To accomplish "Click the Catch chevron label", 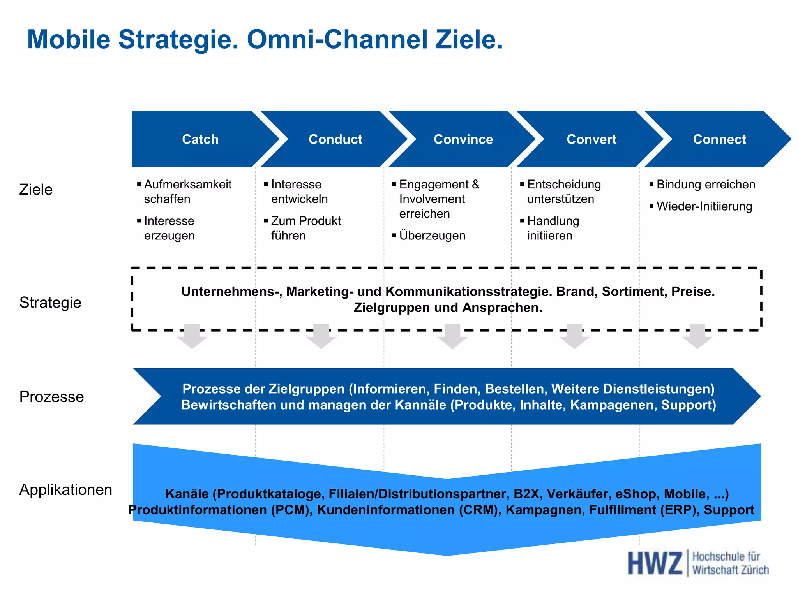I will click(x=200, y=139).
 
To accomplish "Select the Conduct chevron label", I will click(x=335, y=139).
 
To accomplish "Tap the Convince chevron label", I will click(x=463, y=139).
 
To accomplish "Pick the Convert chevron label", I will click(x=591, y=139).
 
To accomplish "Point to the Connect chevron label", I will click(x=719, y=139).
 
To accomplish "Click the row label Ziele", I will click(x=36, y=190).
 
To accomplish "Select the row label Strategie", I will click(x=50, y=303).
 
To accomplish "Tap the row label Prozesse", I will click(x=51, y=397).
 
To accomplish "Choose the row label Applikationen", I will click(x=65, y=490).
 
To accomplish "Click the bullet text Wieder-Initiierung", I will click(x=704, y=206).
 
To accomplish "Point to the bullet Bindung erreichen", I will click(x=706, y=184).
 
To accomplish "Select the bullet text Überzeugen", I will click(x=432, y=236).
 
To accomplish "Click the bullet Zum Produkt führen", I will click(x=305, y=228).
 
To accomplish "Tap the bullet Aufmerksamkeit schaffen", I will click(x=187, y=192).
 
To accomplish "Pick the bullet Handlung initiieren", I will click(x=553, y=228).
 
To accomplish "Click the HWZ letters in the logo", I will click(x=655, y=563).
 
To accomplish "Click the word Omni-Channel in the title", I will click(x=337, y=40).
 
